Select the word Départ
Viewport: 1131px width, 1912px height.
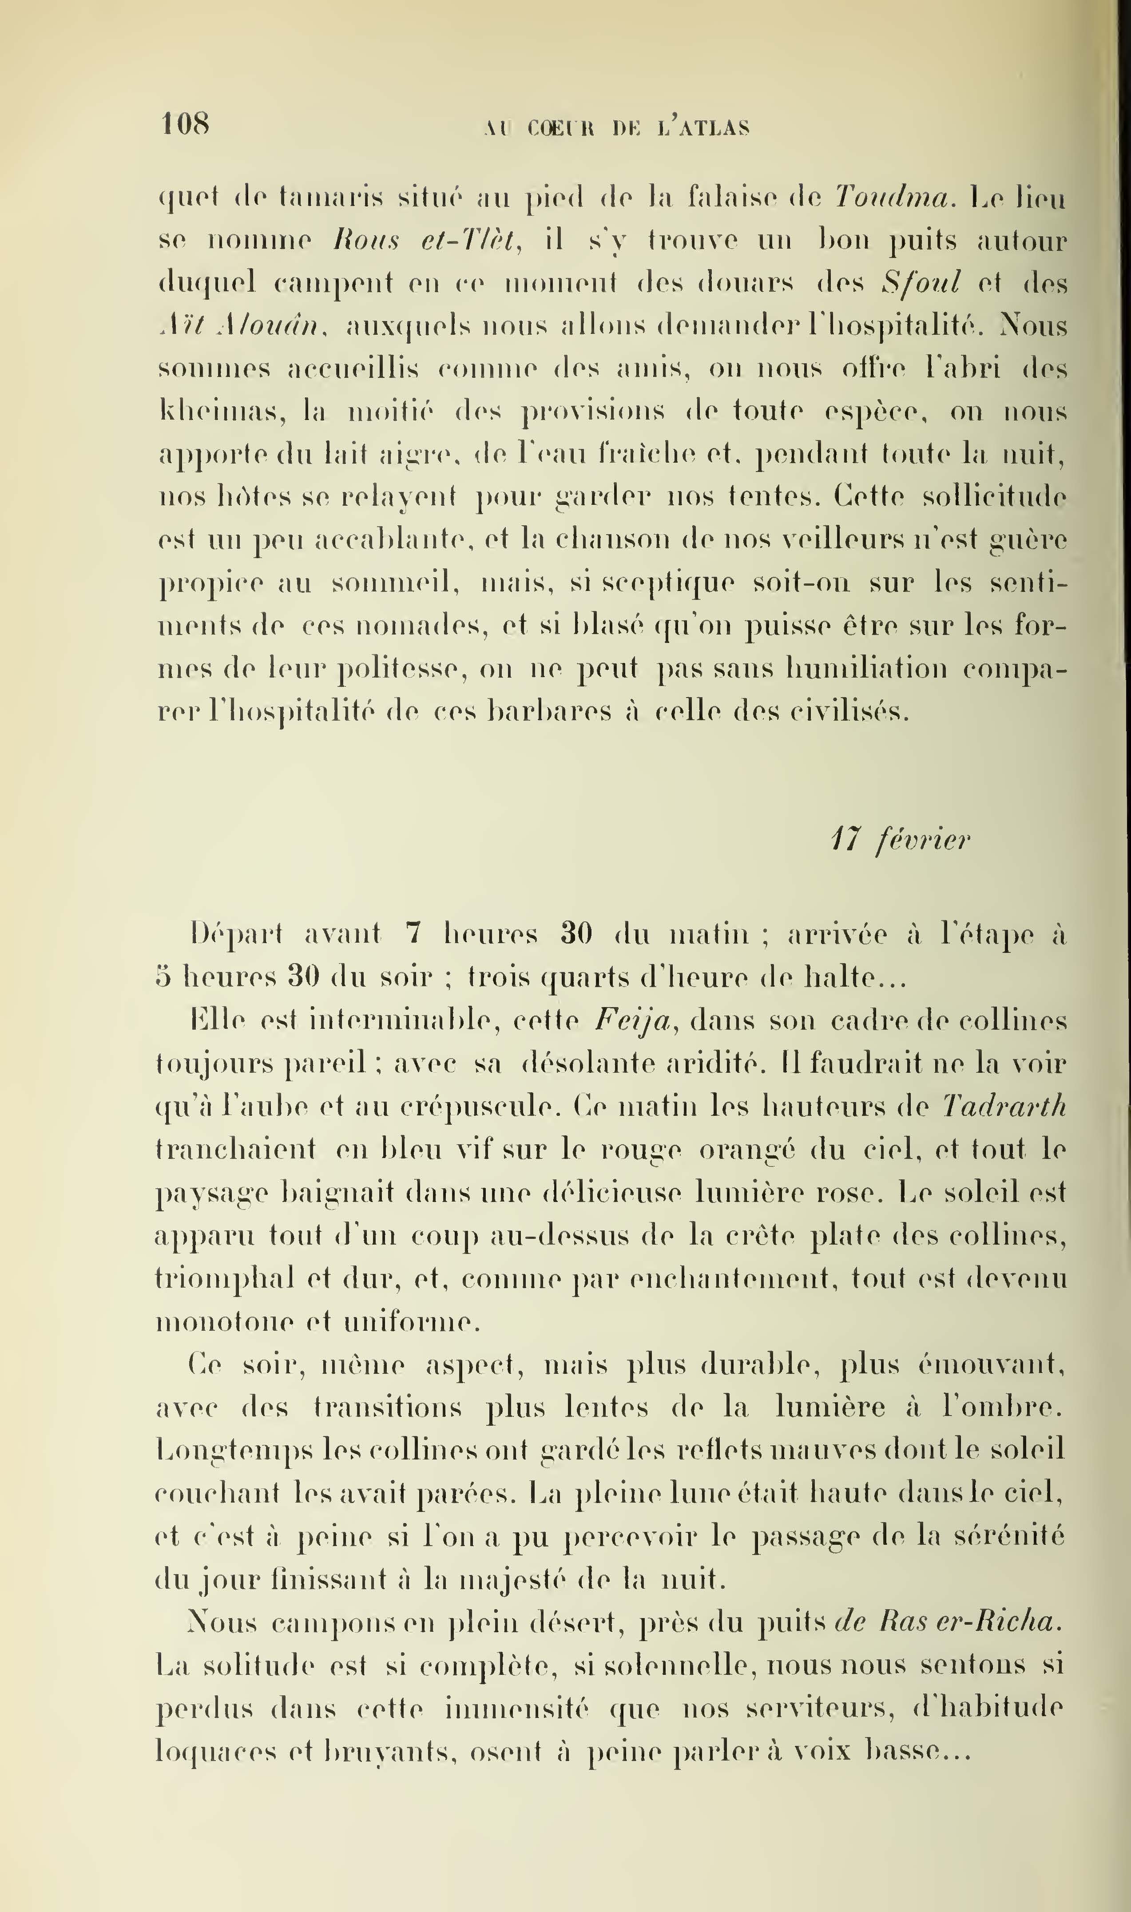coord(236,933)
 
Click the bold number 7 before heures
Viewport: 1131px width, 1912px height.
coord(413,933)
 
